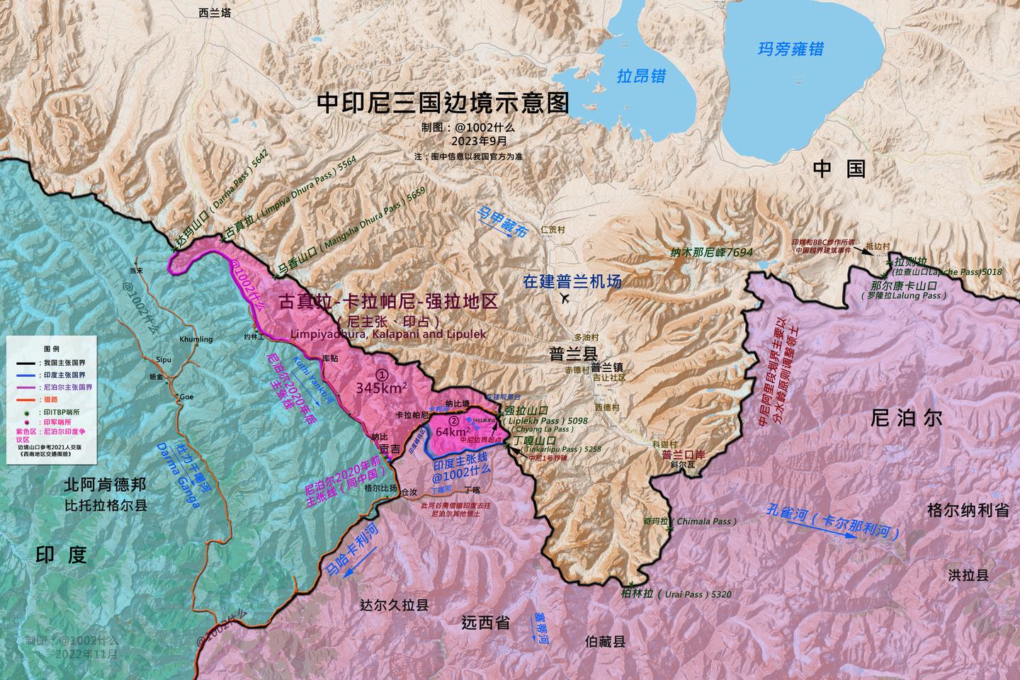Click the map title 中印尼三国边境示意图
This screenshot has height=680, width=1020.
coord(443,103)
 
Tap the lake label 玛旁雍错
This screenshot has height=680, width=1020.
coord(790,49)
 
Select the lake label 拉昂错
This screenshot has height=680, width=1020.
coord(641,76)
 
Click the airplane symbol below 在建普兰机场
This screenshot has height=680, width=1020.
coord(565,300)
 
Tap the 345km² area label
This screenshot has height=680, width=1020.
coord(381,387)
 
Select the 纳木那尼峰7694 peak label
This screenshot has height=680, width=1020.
coord(711,251)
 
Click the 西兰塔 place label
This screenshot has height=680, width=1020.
coord(213,12)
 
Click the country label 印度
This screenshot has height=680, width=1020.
coord(60,554)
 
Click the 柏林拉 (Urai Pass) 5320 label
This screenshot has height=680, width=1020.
coord(675,594)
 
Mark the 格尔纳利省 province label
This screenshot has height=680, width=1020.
coord(968,510)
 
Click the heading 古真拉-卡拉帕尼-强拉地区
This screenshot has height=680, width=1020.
coord(388,302)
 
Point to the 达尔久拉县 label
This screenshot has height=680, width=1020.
coord(394,605)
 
